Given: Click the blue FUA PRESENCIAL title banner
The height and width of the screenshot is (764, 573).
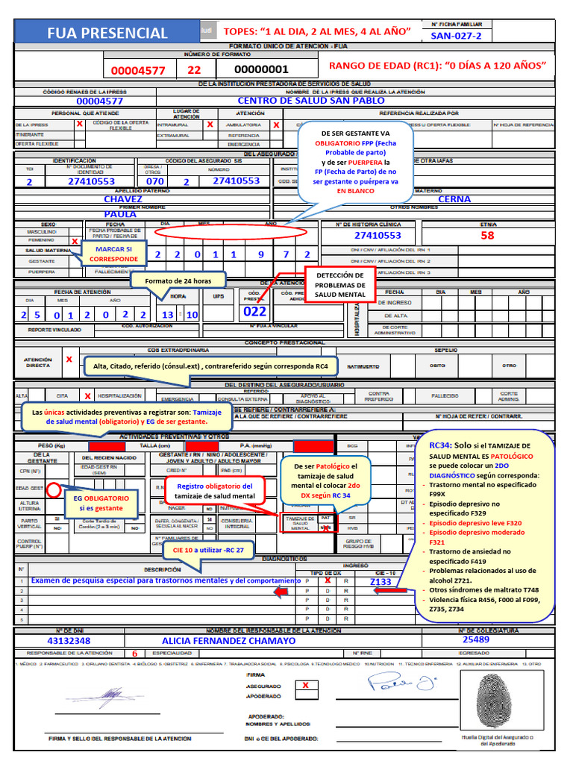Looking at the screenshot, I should (x=107, y=33).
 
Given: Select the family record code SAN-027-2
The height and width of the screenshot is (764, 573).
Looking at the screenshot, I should (x=456, y=36).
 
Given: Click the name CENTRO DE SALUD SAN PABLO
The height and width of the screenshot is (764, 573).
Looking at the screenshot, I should (x=311, y=100).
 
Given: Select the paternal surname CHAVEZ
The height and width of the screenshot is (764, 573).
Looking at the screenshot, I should (x=123, y=199).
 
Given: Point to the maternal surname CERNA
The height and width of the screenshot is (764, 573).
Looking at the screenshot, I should (x=454, y=199).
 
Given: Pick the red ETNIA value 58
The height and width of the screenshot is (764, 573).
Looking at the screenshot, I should (x=486, y=235).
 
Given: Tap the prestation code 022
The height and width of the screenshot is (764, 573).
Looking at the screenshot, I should (x=255, y=312).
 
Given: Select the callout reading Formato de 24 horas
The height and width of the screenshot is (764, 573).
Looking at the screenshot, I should (x=178, y=281).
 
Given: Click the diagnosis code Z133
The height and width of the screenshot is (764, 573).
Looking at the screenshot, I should (x=380, y=581).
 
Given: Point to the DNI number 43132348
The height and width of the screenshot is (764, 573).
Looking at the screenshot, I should (x=69, y=640).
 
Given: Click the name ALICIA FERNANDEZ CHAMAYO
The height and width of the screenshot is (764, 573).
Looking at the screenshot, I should (x=228, y=640).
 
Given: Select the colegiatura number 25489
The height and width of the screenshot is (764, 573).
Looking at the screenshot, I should (x=476, y=639).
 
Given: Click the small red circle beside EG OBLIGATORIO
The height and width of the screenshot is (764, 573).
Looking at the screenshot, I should (x=54, y=490).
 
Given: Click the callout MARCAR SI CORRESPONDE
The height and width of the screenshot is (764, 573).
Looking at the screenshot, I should (x=113, y=254).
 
